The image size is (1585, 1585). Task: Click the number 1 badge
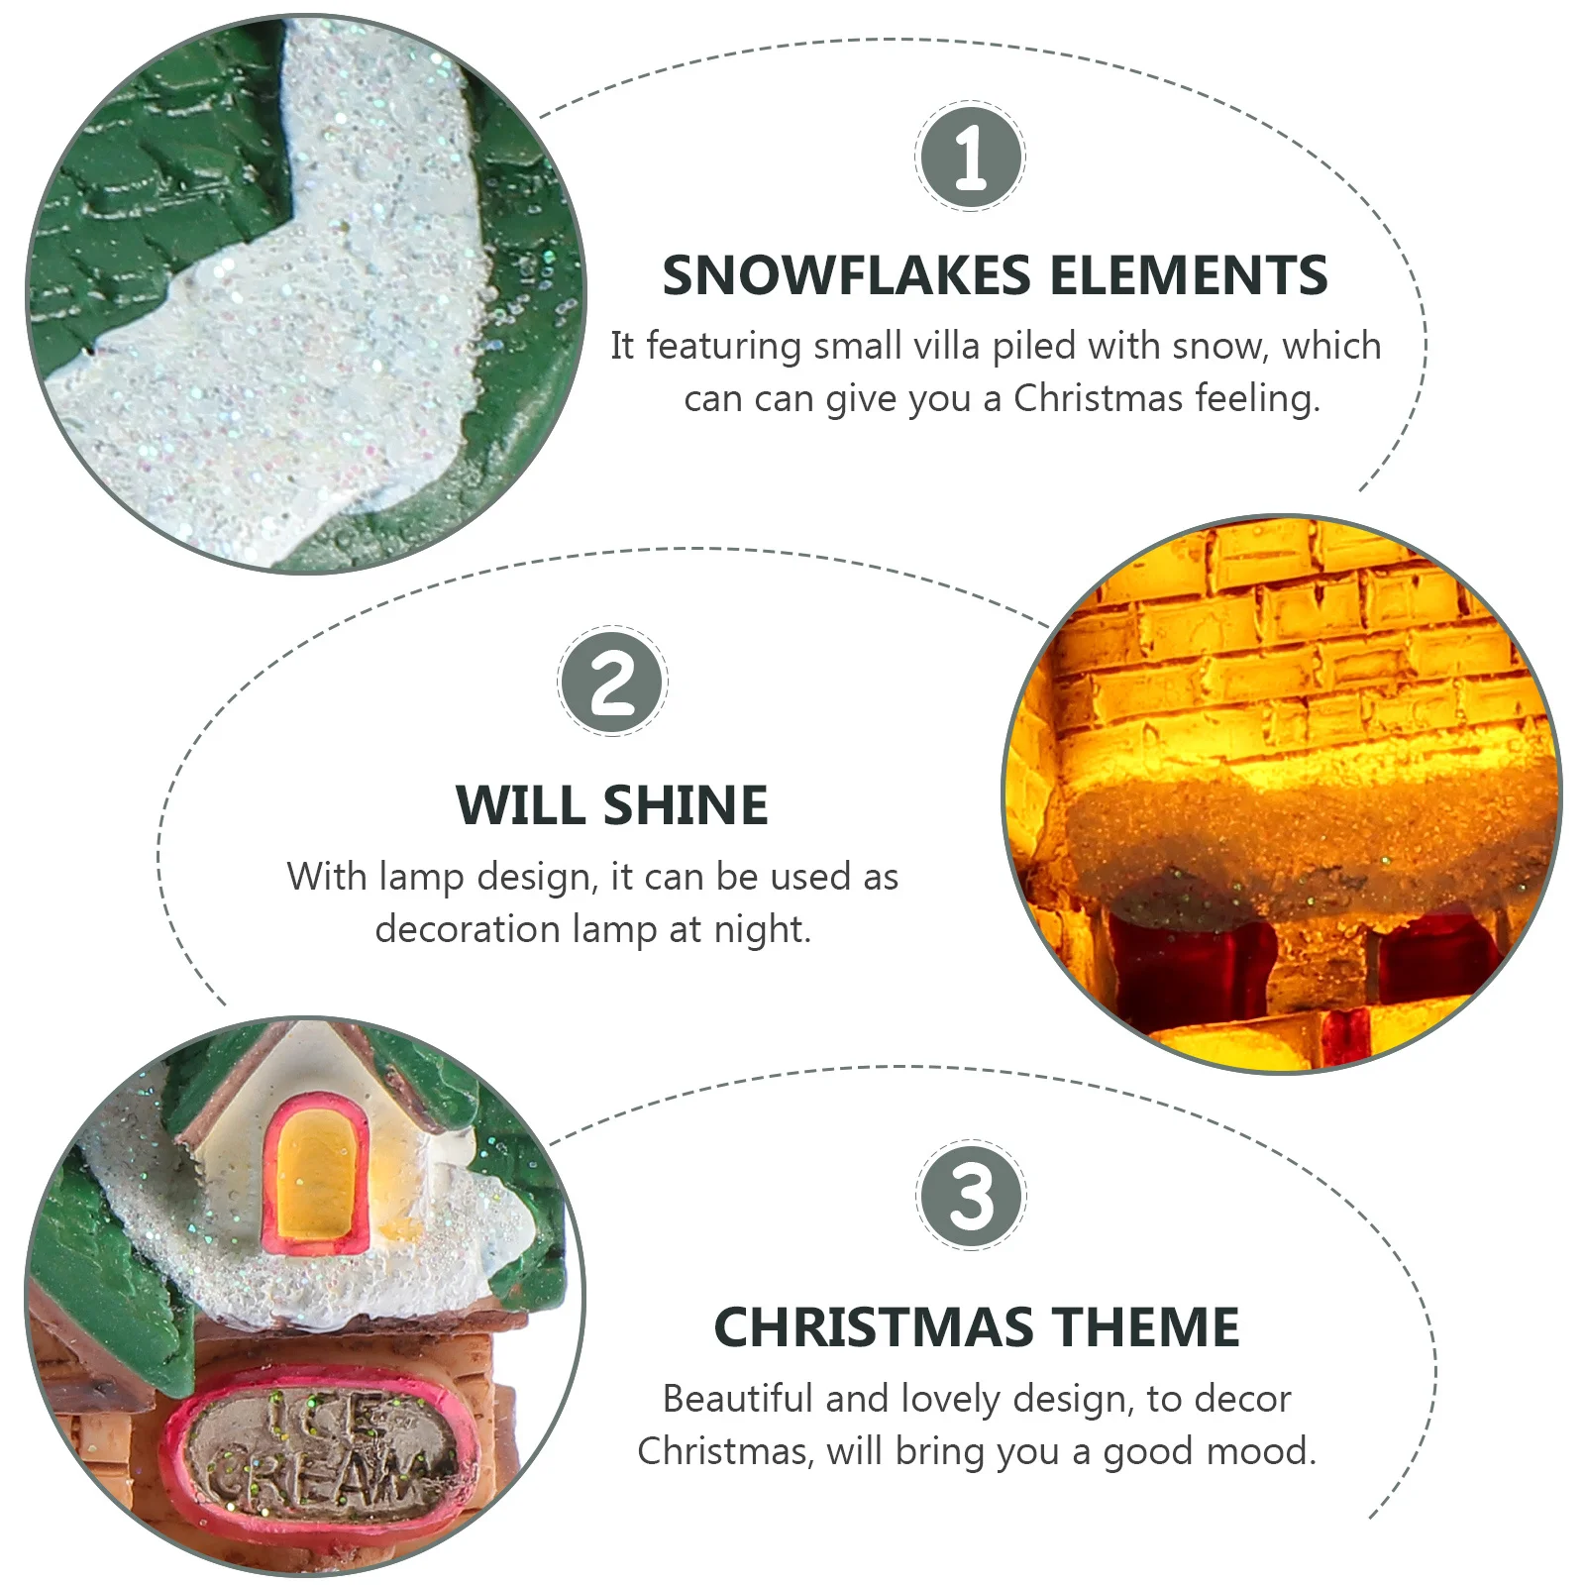(970, 156)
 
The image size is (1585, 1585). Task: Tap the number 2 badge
(612, 683)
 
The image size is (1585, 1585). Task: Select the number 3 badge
(971, 1195)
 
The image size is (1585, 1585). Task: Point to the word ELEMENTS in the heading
(1188, 275)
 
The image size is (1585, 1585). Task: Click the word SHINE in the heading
(686, 804)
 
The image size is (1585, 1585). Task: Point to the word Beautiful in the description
(737, 1399)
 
